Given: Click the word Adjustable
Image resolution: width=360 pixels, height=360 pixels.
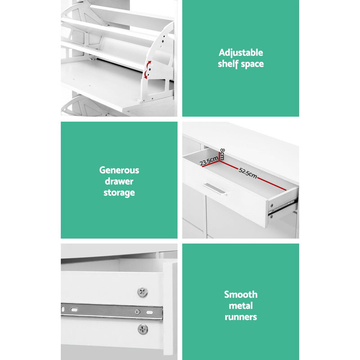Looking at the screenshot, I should [240, 53].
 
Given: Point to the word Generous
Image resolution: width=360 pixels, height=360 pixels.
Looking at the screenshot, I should [119, 171].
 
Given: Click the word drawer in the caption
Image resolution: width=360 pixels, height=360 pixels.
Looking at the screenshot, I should [119, 182].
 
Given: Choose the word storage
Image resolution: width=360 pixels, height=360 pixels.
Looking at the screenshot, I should [119, 193].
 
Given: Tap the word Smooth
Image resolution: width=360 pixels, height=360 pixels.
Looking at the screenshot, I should [241, 295].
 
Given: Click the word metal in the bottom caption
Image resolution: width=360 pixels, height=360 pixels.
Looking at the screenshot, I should [241, 306].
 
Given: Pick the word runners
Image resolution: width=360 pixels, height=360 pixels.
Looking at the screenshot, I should [241, 317].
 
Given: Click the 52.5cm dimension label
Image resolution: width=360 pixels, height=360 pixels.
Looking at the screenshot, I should [248, 173].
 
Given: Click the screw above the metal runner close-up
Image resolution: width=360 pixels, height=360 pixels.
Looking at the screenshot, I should [143, 292].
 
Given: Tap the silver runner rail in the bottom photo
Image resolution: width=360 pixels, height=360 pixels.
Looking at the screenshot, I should [112, 311].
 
